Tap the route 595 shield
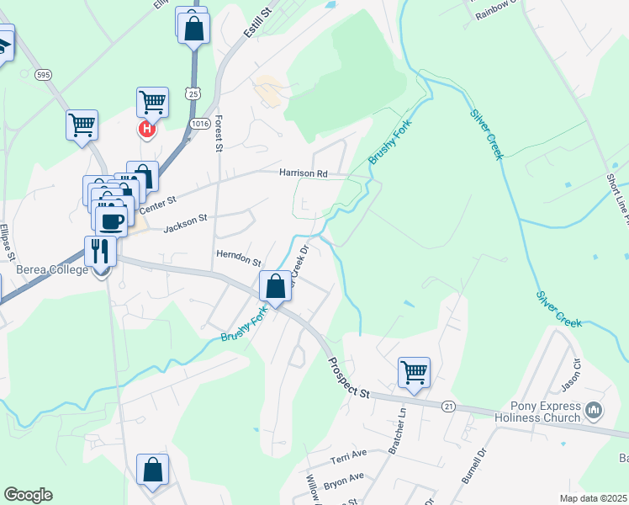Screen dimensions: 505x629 click(x=44, y=75)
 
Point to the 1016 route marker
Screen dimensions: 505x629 click(x=199, y=123)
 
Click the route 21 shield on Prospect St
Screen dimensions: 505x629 click(x=449, y=407)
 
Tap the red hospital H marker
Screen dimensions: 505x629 click(x=147, y=129)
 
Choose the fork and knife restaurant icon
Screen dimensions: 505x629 click(x=100, y=251)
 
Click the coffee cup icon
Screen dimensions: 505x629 click(x=112, y=221)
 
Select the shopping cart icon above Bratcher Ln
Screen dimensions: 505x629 click(x=414, y=371)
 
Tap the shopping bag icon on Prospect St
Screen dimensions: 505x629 click(x=275, y=286)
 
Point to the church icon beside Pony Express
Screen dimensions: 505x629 click(x=595, y=411)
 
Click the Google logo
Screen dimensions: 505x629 click(x=28, y=495)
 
